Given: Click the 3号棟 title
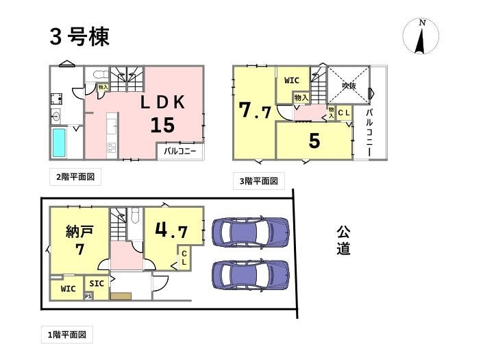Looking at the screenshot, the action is tap(79, 37).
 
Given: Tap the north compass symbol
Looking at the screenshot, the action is tap(421, 36).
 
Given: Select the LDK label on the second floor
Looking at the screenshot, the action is tap(162, 102).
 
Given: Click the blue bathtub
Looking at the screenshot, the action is tap(59, 143).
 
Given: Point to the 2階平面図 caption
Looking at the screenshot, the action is tap(75, 177).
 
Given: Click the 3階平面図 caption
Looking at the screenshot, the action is tap(259, 181).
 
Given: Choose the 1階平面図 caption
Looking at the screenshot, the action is tap(67, 335).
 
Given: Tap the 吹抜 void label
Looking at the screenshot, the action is tap(349, 86).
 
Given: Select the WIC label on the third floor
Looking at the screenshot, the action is tap(292, 80).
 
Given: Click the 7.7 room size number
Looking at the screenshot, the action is tap(255, 110).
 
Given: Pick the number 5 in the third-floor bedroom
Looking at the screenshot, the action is tap(314, 141).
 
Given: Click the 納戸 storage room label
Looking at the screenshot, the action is tap(79, 231).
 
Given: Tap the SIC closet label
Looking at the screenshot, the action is tap(97, 283).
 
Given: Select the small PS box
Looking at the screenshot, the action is tap(88, 296).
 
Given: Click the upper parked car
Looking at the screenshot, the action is tap(251, 232).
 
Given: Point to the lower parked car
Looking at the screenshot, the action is tap(251, 274).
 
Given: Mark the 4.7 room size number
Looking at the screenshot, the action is tap(171, 230).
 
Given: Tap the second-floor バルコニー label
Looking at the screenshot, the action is tap(180, 152).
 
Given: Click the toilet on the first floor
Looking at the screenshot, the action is tap(135, 215).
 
